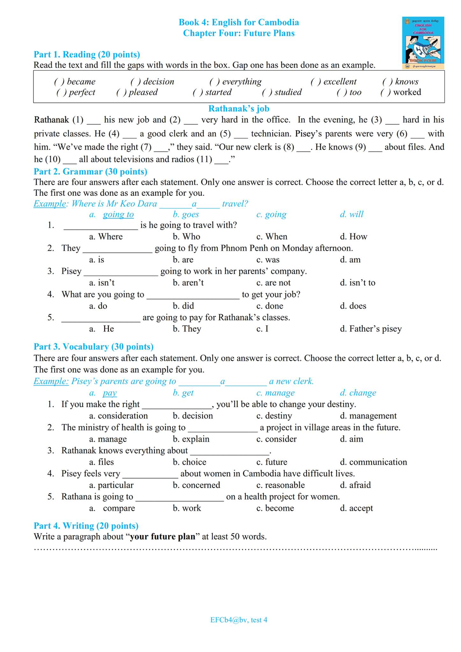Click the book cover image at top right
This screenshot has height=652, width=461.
(x=423, y=43)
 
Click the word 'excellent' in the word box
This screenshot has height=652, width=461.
(x=340, y=81)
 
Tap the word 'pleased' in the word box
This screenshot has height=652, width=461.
(x=143, y=92)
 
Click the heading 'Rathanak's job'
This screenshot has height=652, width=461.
(x=239, y=109)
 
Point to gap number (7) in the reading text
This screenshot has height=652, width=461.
(x=161, y=147)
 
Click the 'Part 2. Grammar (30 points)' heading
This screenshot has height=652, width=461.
(x=90, y=171)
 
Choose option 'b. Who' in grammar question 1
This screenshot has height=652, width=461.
(x=186, y=237)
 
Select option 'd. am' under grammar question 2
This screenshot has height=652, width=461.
(x=350, y=260)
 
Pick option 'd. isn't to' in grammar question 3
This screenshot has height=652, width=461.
(x=357, y=283)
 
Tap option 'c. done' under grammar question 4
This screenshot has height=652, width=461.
(x=270, y=306)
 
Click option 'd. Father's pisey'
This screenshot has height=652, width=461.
(x=371, y=329)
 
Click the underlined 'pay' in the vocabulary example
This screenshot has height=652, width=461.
(x=109, y=393)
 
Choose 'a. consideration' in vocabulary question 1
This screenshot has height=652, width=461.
(x=118, y=416)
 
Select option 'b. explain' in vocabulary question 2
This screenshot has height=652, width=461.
(x=191, y=439)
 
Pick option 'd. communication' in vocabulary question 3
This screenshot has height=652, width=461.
(x=373, y=462)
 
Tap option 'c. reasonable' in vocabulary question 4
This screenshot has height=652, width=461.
(x=280, y=485)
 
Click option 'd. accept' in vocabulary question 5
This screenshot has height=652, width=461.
(x=356, y=508)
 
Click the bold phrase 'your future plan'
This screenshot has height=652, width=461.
(x=163, y=536)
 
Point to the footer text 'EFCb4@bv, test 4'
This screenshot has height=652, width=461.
(x=239, y=620)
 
